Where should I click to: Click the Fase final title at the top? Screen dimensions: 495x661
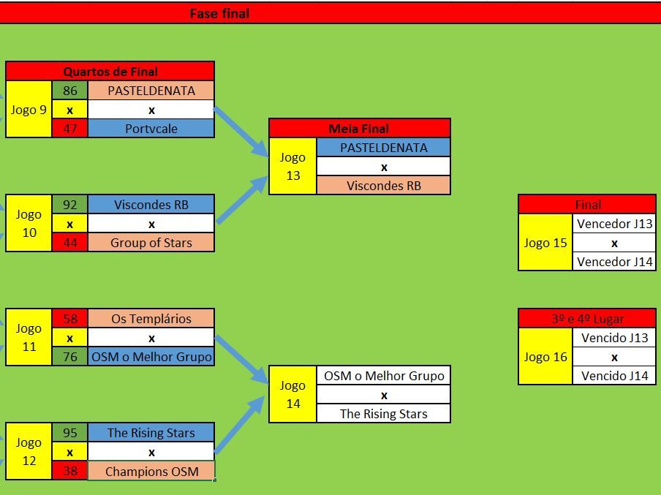coord(219,13)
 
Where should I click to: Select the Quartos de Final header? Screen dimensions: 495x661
coord(110,71)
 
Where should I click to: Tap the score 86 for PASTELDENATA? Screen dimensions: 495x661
coord(70,91)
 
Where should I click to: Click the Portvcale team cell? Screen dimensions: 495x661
coord(151,129)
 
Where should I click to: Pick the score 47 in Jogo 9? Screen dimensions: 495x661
coord(70,129)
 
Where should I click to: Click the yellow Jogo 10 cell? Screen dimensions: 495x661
coord(29,223)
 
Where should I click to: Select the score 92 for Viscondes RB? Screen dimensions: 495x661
coord(70,205)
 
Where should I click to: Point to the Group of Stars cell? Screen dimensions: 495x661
coord(151,243)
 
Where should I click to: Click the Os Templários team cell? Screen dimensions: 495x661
coord(151,319)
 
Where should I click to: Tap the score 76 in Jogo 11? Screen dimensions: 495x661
coord(70,357)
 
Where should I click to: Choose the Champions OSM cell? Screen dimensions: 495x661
coord(151,472)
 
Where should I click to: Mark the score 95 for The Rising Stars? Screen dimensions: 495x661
coord(70,433)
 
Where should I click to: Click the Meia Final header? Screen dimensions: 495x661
coord(359,128)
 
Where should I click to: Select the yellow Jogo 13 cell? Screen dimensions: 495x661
coord(292,166)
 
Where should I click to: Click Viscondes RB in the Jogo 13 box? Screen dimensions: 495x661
coord(384,186)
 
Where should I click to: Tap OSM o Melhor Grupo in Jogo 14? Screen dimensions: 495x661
coord(384,375)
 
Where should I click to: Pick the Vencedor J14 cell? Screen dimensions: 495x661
coord(614,262)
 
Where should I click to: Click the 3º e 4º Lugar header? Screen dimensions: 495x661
coord(587,319)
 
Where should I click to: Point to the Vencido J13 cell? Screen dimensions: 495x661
coord(614,338)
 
